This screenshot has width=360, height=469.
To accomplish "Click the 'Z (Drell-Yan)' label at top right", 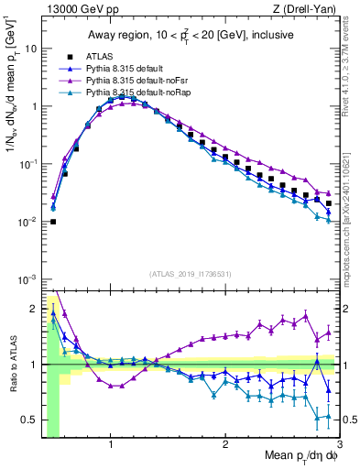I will tap(308, 9).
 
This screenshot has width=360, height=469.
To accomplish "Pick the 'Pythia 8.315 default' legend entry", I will tap(125, 70).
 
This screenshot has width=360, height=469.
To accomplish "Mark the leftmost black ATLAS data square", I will tap(53, 221).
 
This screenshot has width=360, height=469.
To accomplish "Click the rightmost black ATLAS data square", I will tap(328, 203).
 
